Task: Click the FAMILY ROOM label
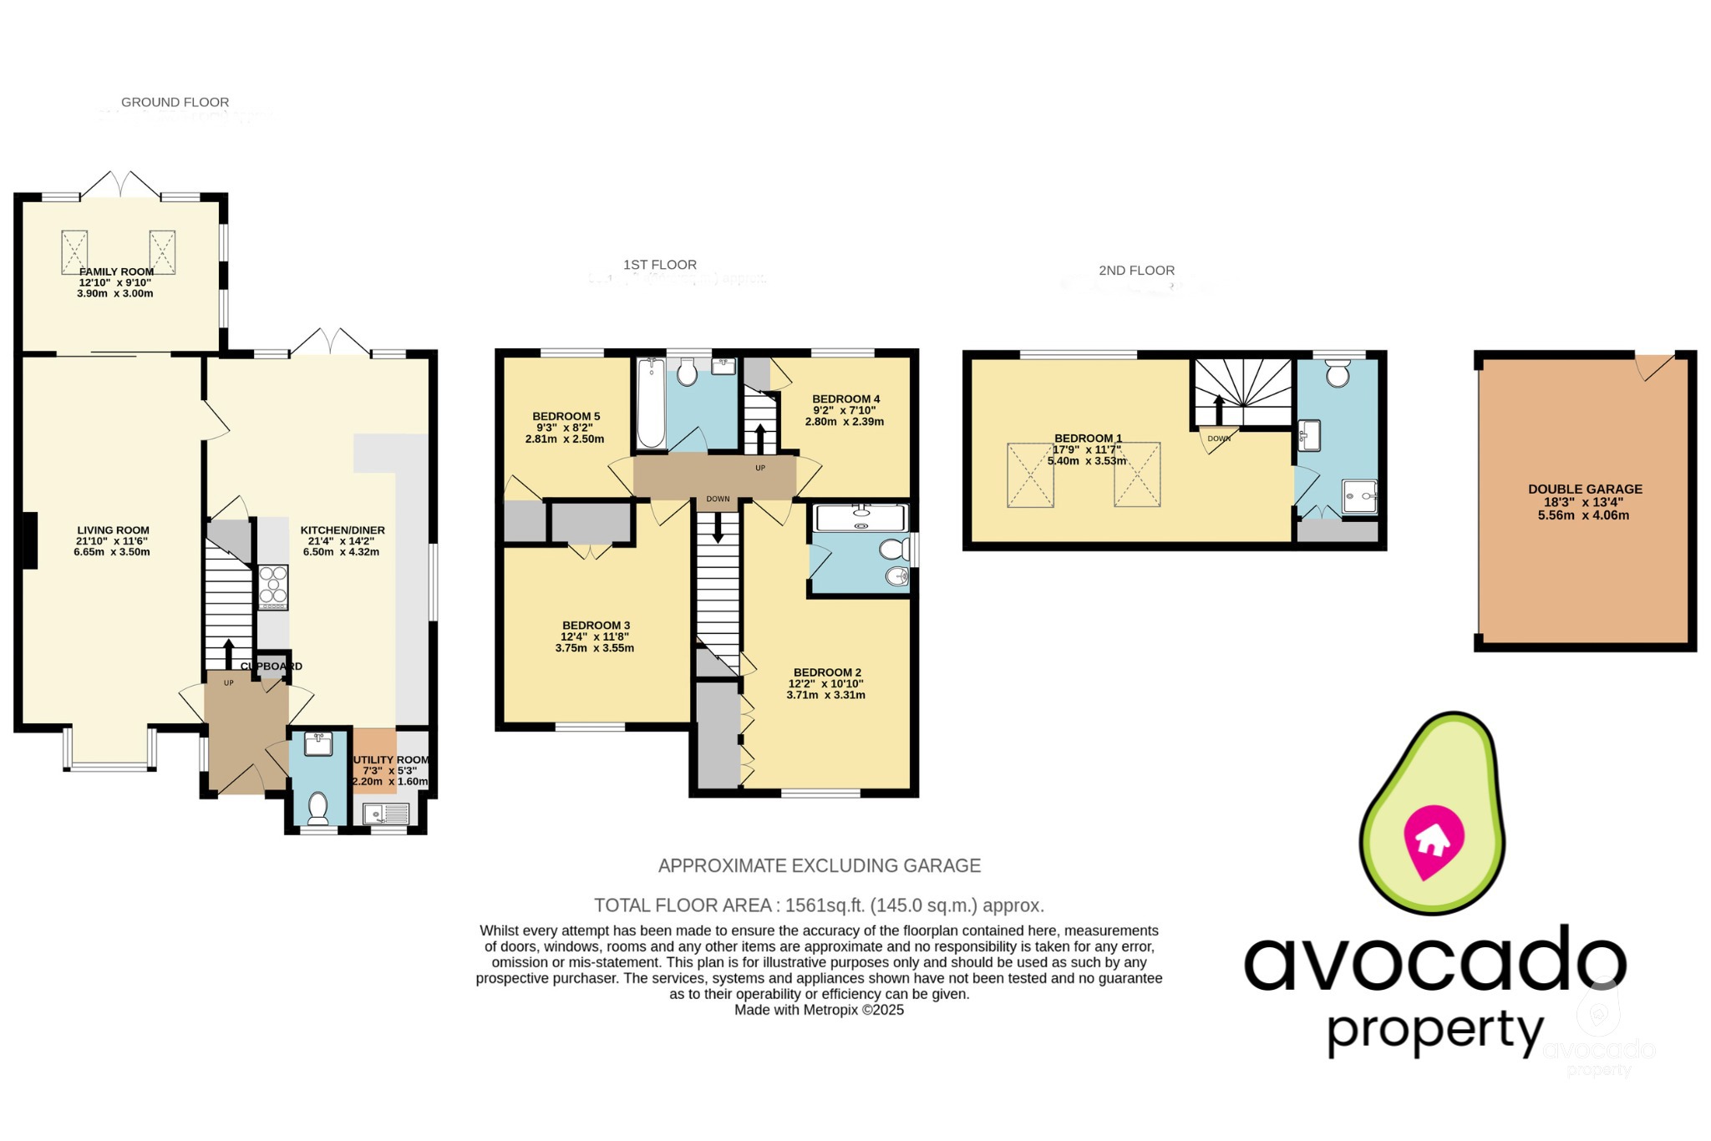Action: [x=116, y=271]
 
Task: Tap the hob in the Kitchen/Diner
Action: [x=272, y=584]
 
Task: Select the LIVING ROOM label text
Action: [x=113, y=530]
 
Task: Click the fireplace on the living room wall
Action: [x=29, y=540]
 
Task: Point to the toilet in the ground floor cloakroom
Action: [x=317, y=807]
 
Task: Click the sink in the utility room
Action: [x=386, y=813]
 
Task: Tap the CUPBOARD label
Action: [x=272, y=666]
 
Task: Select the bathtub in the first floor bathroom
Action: [x=650, y=403]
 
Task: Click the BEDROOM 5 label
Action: [x=566, y=416]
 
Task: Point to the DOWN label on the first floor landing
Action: [x=718, y=499]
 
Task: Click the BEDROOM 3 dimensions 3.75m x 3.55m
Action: [x=594, y=648]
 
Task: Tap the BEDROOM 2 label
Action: [x=827, y=672]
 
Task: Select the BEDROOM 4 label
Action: [x=845, y=399]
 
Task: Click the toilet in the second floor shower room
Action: [x=1338, y=373]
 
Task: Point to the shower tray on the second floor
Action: [x=1359, y=496]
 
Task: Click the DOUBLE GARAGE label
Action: [x=1585, y=489]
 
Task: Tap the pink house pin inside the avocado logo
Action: [x=1434, y=840]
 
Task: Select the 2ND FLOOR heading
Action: [x=1136, y=271]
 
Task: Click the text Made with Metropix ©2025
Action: [x=819, y=1010]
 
